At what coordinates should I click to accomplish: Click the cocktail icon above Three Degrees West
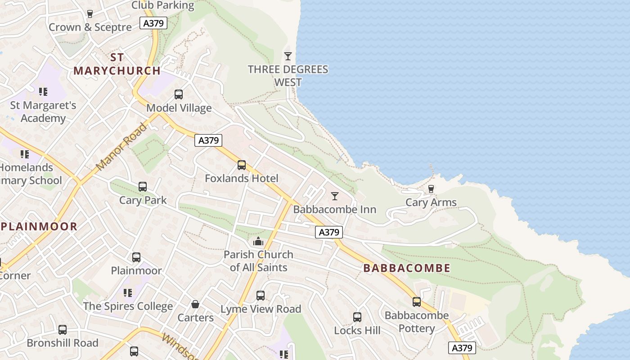click(x=288, y=56)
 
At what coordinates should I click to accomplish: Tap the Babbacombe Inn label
click(x=334, y=209)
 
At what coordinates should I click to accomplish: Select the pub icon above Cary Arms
click(x=431, y=189)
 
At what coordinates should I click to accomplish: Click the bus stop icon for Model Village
click(x=179, y=94)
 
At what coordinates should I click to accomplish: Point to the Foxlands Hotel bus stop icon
click(x=242, y=165)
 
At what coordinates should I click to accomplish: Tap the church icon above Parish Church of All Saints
click(x=258, y=242)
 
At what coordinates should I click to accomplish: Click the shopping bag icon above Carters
click(x=195, y=305)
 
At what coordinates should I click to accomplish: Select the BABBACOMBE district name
click(x=406, y=268)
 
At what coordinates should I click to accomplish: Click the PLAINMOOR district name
click(x=39, y=226)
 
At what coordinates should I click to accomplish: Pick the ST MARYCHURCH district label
click(x=117, y=64)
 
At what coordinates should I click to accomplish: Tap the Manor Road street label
click(x=121, y=147)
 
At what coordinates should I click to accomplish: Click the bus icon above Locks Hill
click(x=357, y=317)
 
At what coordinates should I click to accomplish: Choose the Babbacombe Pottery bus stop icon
click(x=417, y=302)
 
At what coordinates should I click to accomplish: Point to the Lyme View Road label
click(x=261, y=309)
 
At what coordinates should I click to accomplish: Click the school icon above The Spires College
click(x=128, y=293)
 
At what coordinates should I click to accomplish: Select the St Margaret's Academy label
click(x=43, y=112)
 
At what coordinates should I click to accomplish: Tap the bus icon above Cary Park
click(x=143, y=187)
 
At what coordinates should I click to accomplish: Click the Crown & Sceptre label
click(x=90, y=27)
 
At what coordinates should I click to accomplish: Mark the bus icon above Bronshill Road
click(x=63, y=330)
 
